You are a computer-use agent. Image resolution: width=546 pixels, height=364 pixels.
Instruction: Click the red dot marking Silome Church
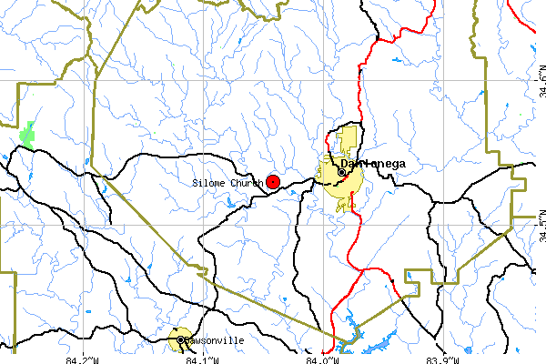pos(273,182)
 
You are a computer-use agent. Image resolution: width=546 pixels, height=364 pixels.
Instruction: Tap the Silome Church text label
pos(227,183)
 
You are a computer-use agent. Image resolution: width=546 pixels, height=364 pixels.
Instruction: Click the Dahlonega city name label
pos(373,164)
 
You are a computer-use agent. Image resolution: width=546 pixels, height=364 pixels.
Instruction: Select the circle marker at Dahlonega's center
pos(342,171)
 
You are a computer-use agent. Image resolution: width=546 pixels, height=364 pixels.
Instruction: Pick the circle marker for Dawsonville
pos(180,340)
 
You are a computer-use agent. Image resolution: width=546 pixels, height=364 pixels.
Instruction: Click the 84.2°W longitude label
pos(83,359)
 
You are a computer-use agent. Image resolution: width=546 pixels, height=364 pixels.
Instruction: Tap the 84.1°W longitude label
pos(202,359)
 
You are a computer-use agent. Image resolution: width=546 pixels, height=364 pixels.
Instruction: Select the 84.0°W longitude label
pos(324,359)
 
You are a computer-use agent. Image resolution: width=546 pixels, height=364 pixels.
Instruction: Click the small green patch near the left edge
pos(29,134)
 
